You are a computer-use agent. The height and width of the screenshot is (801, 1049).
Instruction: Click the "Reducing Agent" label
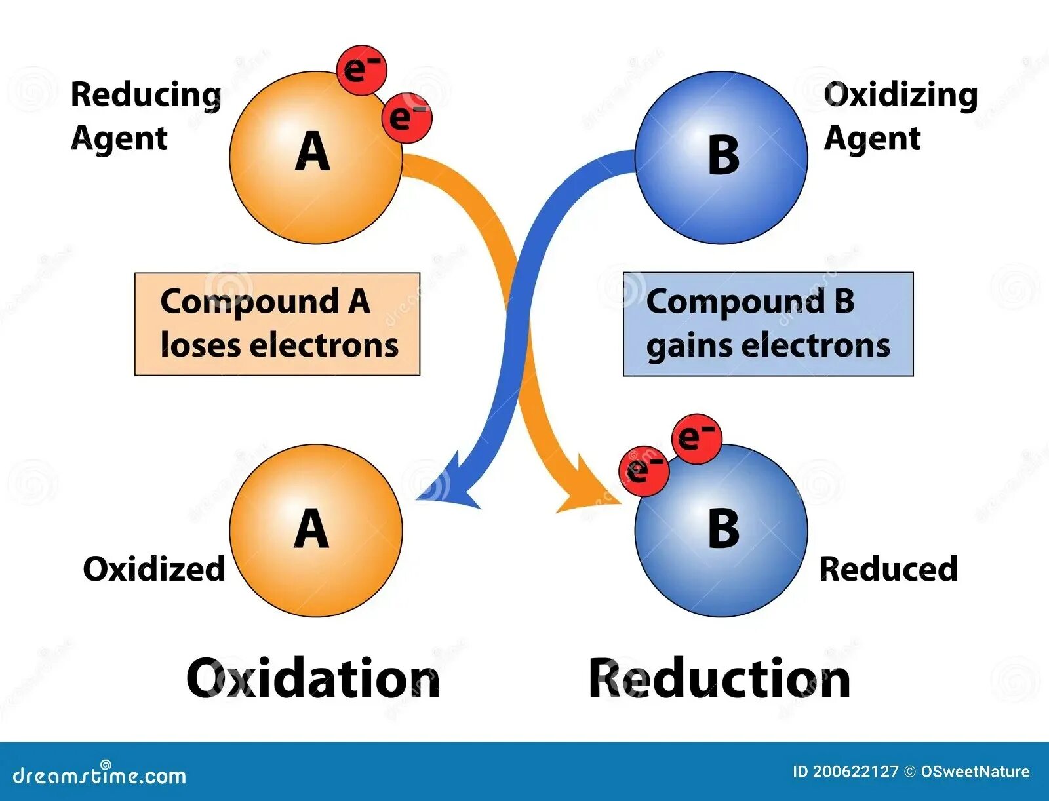coord(146,116)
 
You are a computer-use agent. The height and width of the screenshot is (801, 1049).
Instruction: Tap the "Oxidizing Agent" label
coord(900,116)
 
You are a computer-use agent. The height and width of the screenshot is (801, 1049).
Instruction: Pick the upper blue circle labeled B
coord(721,157)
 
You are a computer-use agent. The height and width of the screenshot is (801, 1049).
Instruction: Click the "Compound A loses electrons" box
coord(277,324)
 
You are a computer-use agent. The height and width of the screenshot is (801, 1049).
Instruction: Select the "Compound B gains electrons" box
coord(768,324)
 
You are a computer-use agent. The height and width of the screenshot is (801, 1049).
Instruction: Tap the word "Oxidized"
coord(154,569)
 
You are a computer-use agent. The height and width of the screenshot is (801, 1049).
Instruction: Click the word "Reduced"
coord(888,569)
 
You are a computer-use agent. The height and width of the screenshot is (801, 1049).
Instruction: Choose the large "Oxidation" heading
coord(313,678)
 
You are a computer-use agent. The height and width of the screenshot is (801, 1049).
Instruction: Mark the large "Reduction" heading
coord(719,678)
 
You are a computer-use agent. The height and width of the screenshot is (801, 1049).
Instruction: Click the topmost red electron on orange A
coord(362,70)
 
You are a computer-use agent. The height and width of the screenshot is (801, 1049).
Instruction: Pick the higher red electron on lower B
coord(696,439)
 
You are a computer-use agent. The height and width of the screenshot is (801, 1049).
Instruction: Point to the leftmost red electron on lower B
coord(644,470)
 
